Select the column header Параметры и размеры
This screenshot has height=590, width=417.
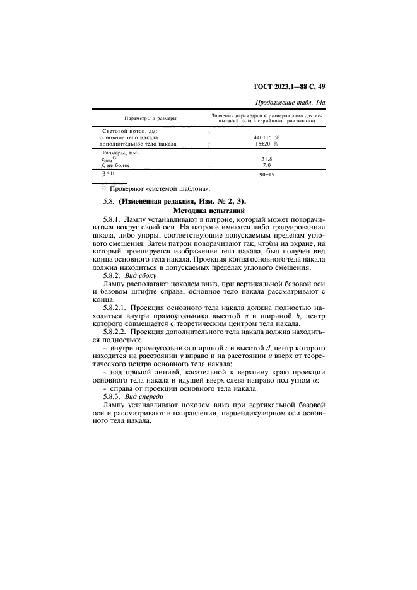click(x=150, y=118)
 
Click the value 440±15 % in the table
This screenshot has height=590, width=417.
click(x=266, y=137)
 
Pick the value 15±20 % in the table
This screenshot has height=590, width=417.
click(x=266, y=144)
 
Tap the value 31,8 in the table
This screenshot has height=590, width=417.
click(x=266, y=159)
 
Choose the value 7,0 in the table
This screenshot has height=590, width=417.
click(x=266, y=165)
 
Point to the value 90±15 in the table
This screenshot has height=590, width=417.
click(x=266, y=175)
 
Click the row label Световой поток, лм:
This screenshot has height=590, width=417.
click(x=127, y=130)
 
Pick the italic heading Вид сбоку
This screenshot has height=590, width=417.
click(x=144, y=275)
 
